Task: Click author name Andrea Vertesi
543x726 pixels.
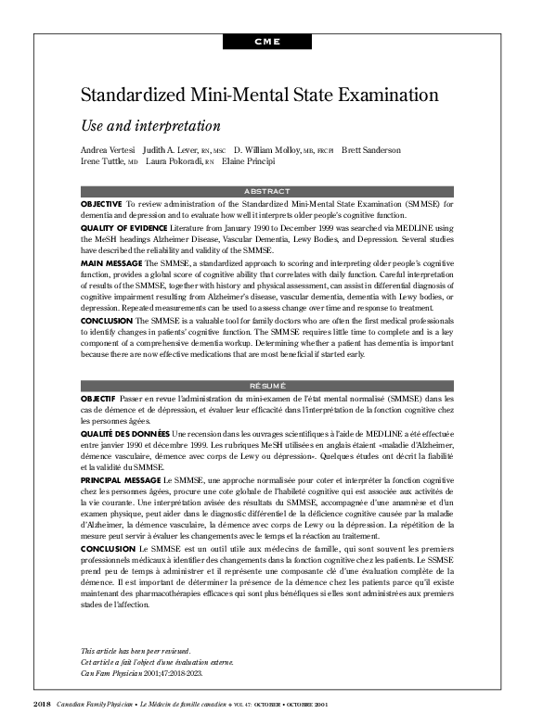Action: [x=108, y=150]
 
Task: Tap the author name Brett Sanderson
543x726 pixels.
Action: [x=371, y=150]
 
